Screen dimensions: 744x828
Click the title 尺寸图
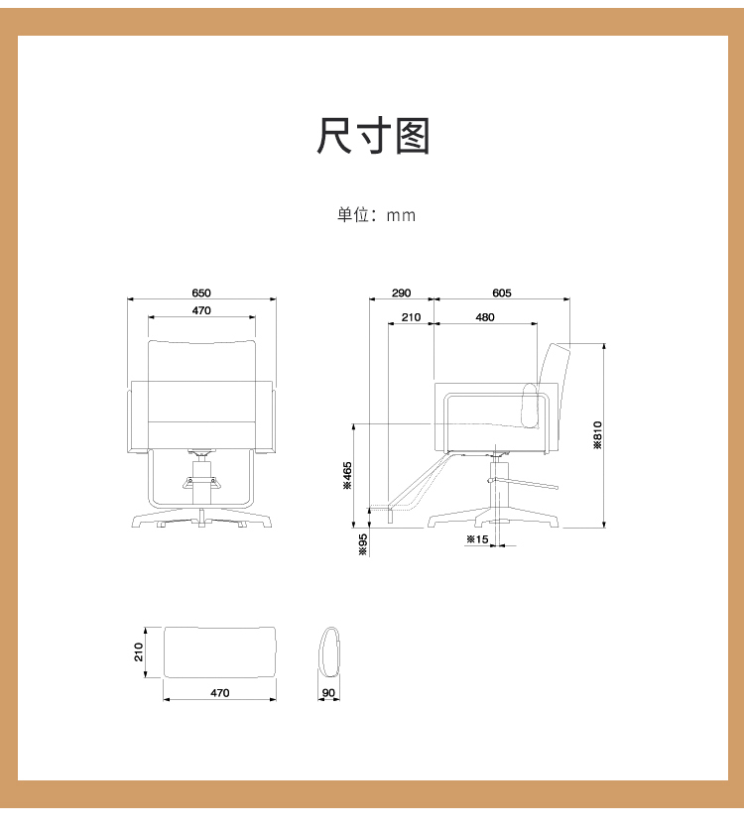click(x=373, y=136)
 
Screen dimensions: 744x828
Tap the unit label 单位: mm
click(x=376, y=215)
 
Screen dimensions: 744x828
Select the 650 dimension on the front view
click(x=201, y=293)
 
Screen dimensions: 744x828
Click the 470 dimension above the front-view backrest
click(x=201, y=310)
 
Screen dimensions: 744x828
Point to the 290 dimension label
click(x=401, y=293)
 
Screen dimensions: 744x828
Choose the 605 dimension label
click(x=502, y=293)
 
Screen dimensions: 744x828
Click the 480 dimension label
click(x=484, y=317)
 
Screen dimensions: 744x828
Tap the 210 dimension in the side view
click(x=411, y=317)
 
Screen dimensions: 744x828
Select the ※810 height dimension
click(x=597, y=434)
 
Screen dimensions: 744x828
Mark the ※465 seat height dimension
click(x=347, y=475)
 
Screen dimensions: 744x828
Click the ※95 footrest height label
click(x=362, y=544)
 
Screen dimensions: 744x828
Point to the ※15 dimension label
click(x=477, y=539)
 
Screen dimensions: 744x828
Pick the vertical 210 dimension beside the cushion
click(x=139, y=652)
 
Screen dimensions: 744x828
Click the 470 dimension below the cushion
click(x=220, y=693)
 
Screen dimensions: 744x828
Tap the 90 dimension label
click(x=328, y=693)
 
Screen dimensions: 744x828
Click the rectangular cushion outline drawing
click(x=220, y=652)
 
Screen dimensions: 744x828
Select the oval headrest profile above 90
click(x=328, y=652)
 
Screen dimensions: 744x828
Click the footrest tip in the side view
click(x=369, y=509)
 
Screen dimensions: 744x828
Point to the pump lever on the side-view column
click(x=523, y=483)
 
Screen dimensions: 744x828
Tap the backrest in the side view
click(x=555, y=396)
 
